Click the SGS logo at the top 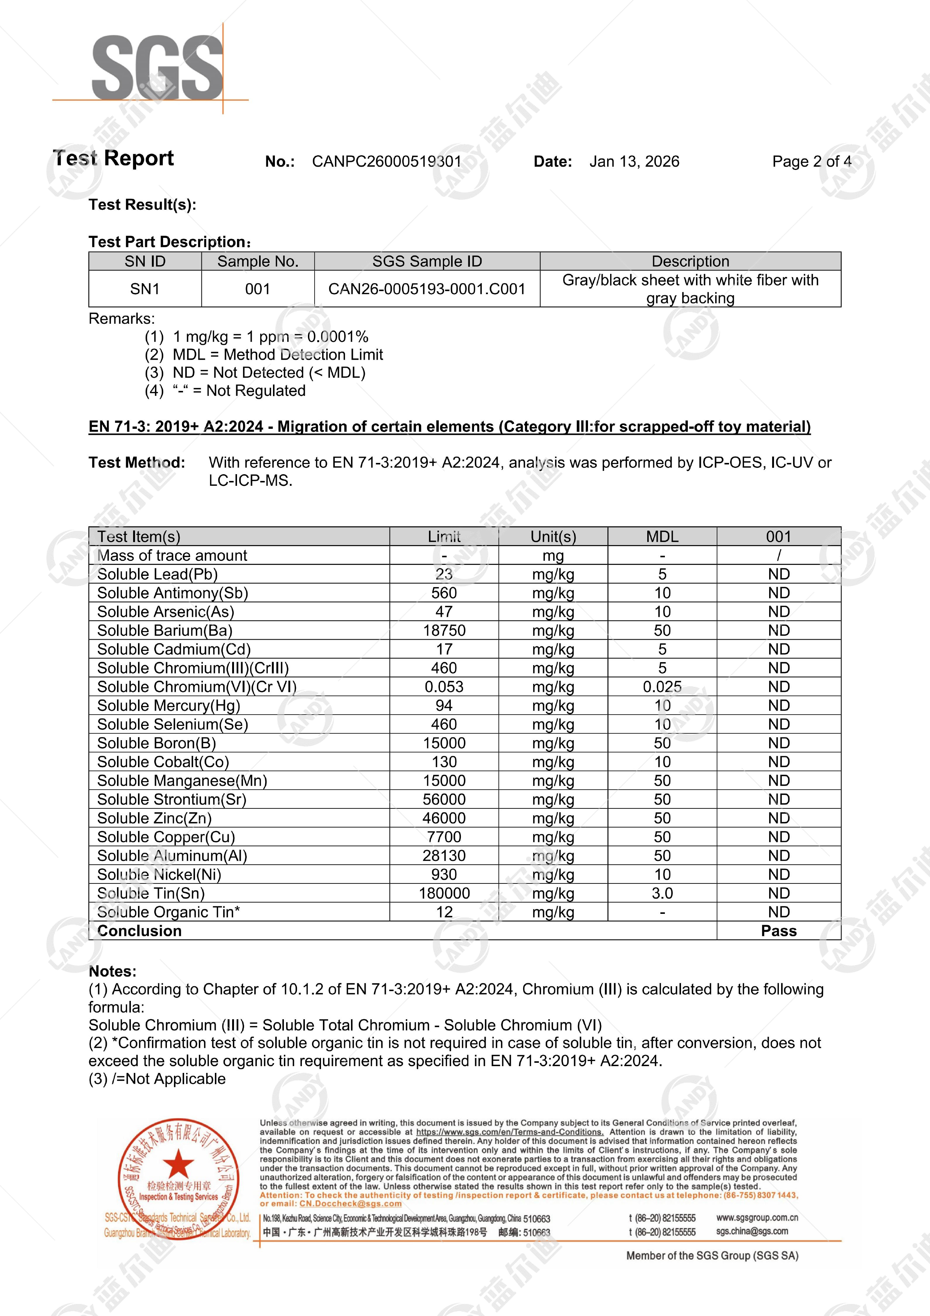(x=157, y=68)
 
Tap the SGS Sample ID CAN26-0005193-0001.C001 (x=427, y=289)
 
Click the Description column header (x=690, y=261)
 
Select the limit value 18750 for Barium (x=444, y=631)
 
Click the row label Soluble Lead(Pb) (x=157, y=574)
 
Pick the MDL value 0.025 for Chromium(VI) (x=662, y=687)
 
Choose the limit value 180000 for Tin (x=444, y=893)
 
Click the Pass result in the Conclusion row (x=779, y=931)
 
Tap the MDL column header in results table (x=662, y=536)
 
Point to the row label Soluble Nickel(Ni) (x=159, y=875)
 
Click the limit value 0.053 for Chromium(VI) (x=444, y=687)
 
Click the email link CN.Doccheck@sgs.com (x=350, y=1204)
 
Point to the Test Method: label (x=137, y=463)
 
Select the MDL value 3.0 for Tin (x=662, y=893)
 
